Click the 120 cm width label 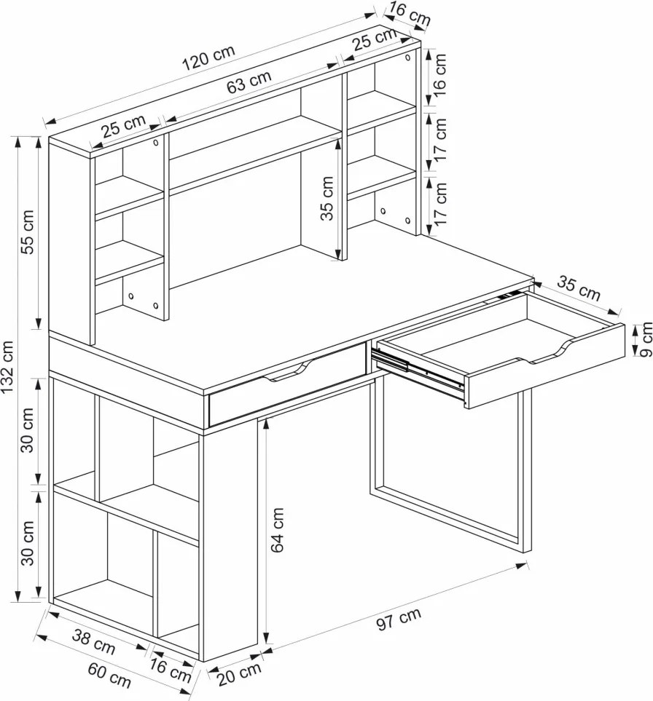pos(208,58)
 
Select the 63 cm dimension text pos(249,82)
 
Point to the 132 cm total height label pos(9,368)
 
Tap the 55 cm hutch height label pos(28,231)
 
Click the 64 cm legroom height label pos(278,530)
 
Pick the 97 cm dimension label pos(399,619)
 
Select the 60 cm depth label pos(109,676)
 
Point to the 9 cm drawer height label pos(646,340)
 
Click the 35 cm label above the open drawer pos(579,288)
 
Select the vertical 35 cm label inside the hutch pos(328,198)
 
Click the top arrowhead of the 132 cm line pos(18,142)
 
